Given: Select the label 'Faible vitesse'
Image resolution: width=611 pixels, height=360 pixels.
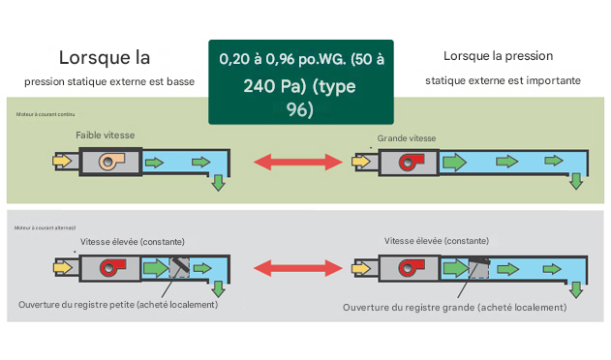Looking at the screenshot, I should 106,136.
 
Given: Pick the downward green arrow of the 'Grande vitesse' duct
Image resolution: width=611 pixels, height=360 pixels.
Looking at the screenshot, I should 577,181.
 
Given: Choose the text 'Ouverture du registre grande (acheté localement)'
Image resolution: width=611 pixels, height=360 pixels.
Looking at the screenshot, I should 454,307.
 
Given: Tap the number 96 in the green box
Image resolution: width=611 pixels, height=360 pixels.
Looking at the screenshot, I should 300,109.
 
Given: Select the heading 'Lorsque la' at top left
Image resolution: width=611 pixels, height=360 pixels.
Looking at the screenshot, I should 105,57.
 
